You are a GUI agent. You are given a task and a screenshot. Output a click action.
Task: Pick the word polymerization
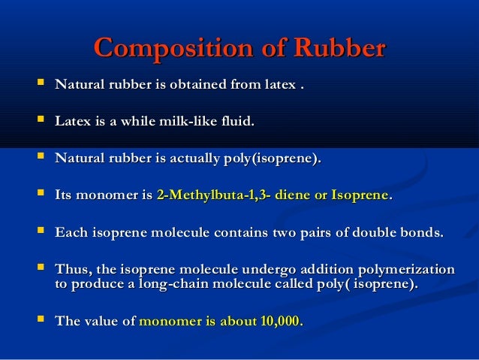point(411,269)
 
